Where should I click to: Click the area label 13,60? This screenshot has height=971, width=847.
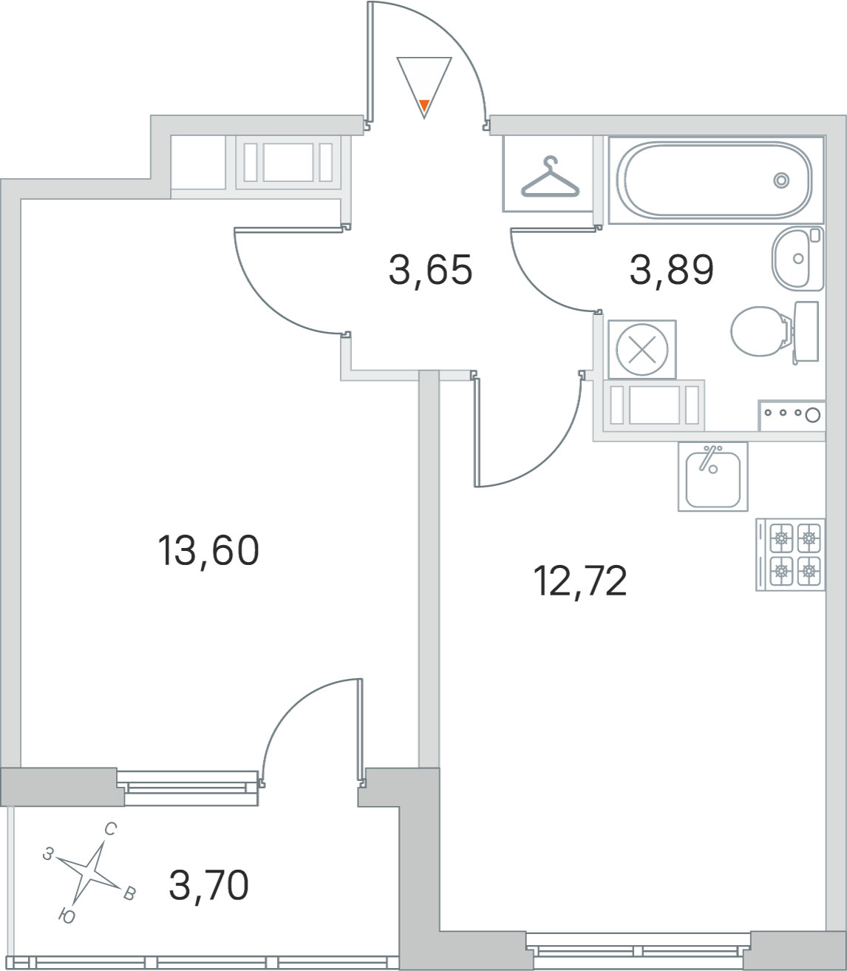click(208, 550)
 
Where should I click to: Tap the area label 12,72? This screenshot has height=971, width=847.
click(580, 581)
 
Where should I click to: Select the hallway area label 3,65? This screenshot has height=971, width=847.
click(431, 270)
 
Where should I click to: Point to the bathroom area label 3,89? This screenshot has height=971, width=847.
click(672, 270)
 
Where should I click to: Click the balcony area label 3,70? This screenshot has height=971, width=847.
click(208, 885)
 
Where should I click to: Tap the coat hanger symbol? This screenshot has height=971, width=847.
click(550, 177)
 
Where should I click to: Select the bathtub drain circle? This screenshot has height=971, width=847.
click(781, 180)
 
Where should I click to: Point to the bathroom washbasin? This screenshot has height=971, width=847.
click(797, 259)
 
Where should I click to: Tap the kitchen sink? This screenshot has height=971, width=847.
click(712, 477)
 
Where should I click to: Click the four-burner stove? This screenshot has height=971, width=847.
click(791, 555)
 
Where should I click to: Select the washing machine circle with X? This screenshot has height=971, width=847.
click(642, 350)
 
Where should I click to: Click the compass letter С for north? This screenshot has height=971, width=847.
click(110, 829)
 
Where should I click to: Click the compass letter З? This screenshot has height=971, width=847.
click(47, 854)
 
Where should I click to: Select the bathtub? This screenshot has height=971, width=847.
click(716, 180)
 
